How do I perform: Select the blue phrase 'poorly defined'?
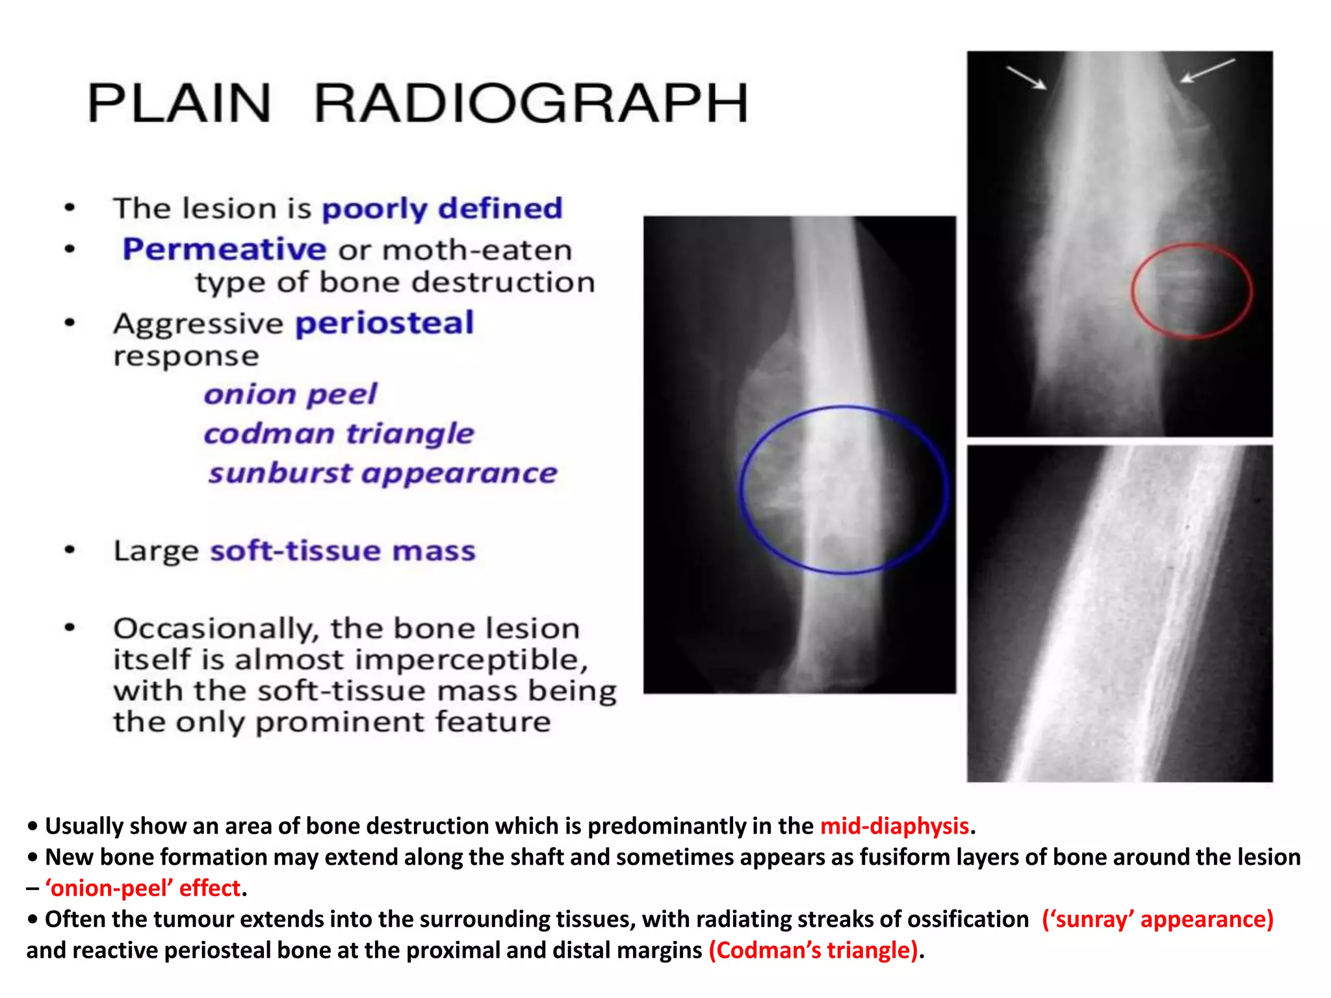point(442,209)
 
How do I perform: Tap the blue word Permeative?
point(224,249)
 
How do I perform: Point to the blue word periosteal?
point(385,324)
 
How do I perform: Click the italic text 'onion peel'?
point(290,394)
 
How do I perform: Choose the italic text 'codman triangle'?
point(339,433)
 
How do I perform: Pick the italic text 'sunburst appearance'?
point(382,473)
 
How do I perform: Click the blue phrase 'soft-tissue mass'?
point(342,550)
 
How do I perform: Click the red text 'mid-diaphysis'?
point(894,826)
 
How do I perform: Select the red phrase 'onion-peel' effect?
point(142,888)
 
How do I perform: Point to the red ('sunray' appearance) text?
point(1157,919)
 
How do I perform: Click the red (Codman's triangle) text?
point(814,951)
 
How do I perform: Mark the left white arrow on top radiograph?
point(1027,77)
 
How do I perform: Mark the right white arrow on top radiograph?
point(1207,70)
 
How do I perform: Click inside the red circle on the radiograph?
point(1191,290)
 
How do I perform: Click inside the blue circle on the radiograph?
point(844,490)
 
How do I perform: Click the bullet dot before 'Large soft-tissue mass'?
point(70,550)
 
